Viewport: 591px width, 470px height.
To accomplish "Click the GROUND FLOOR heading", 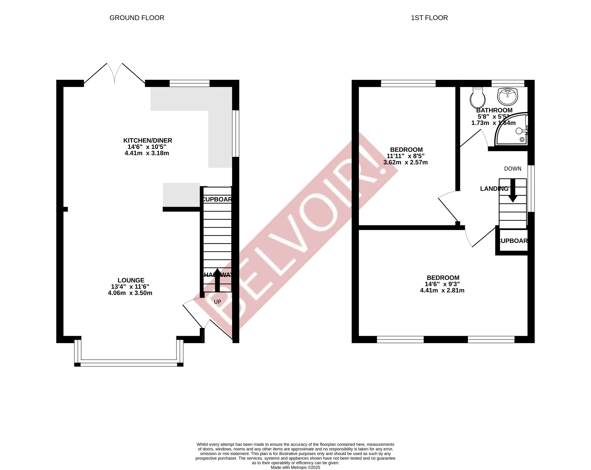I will click(x=137, y=18).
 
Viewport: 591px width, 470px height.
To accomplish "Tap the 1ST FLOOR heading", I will click(x=429, y=18).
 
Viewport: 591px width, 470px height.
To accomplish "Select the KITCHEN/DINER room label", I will click(x=147, y=140).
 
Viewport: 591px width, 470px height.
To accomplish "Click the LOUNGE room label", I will click(x=131, y=280).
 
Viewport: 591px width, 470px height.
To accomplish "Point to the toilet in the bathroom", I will click(x=478, y=98).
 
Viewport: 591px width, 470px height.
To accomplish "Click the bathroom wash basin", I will click(x=507, y=96).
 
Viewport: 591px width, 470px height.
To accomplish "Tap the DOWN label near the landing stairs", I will click(x=513, y=169).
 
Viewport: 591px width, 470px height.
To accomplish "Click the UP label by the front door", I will click(x=217, y=302).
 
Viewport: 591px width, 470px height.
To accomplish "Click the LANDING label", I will click(x=494, y=189).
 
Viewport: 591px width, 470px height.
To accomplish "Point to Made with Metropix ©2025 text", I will click(x=295, y=468).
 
